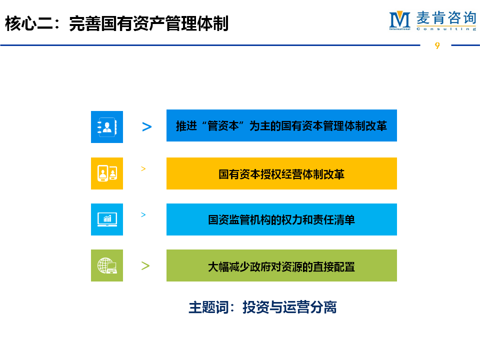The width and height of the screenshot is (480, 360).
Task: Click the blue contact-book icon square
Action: (107, 127)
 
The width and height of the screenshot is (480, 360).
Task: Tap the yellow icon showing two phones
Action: (107, 173)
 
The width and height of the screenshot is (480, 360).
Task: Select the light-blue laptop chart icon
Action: (107, 219)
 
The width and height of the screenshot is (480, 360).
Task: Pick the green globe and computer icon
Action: (107, 265)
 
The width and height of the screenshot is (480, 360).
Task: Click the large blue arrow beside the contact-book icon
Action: (147, 126)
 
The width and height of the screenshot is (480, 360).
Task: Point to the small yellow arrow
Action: (143, 168)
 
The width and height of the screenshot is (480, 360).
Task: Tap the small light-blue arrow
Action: (143, 214)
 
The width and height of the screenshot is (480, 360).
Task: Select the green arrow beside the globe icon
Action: (145, 265)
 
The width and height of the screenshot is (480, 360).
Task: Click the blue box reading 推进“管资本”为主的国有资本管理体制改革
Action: (281, 125)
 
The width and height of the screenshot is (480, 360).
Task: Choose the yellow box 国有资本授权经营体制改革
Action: (281, 173)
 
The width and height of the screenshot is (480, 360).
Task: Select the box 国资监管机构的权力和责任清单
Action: (281, 219)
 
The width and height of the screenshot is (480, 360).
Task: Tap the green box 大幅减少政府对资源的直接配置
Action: (281, 265)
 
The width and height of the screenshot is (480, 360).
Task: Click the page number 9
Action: (437, 45)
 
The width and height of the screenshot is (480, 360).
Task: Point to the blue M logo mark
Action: (399, 20)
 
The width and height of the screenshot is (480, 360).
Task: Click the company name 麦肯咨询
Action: (446, 18)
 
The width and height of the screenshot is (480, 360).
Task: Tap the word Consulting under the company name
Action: (446, 29)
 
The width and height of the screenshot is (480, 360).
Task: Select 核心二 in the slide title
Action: (29, 23)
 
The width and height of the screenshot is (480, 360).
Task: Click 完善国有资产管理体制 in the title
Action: (149, 23)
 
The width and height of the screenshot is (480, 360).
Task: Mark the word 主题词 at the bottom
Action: (208, 307)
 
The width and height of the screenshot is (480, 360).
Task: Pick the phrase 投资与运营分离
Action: (289, 307)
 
